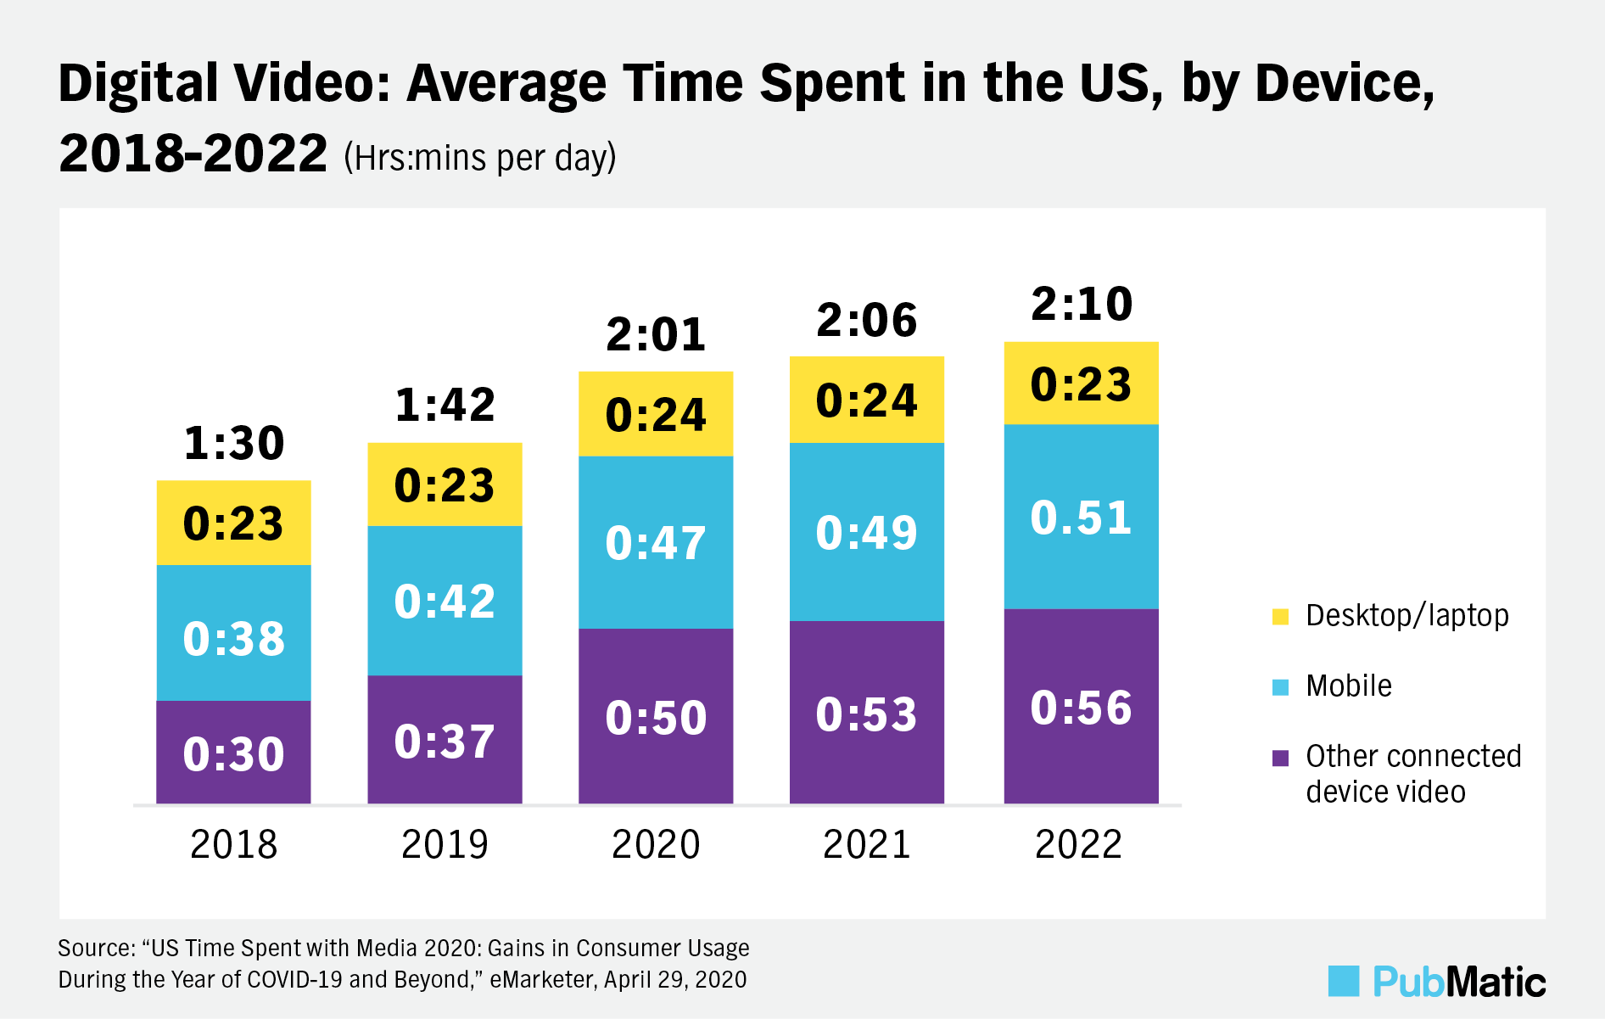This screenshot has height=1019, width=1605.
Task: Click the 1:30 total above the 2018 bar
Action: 234,444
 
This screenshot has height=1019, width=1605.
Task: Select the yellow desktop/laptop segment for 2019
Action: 445,484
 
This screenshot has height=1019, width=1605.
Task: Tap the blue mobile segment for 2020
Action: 656,542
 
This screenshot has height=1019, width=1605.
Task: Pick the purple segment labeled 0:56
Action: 1081,707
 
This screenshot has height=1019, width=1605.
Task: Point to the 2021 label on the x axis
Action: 866,844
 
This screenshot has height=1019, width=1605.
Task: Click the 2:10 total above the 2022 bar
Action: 1082,305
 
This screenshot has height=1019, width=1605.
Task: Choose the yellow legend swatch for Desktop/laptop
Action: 1281,617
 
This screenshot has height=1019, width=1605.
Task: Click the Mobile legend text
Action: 1349,686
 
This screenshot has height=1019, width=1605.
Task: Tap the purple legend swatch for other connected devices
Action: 1281,758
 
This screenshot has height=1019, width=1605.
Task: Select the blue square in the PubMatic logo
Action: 1344,981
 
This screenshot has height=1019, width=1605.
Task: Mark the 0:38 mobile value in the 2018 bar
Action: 234,639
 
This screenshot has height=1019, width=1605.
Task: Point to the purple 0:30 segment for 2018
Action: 234,753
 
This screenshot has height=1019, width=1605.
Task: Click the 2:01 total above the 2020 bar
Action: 656,335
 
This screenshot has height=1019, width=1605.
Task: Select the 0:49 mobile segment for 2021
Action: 866,533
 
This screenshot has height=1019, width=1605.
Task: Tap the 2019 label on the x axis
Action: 445,844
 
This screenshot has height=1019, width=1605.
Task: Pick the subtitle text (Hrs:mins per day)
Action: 480,158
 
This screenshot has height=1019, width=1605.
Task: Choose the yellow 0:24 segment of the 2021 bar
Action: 866,400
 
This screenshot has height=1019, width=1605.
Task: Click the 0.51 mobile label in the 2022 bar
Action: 1081,518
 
